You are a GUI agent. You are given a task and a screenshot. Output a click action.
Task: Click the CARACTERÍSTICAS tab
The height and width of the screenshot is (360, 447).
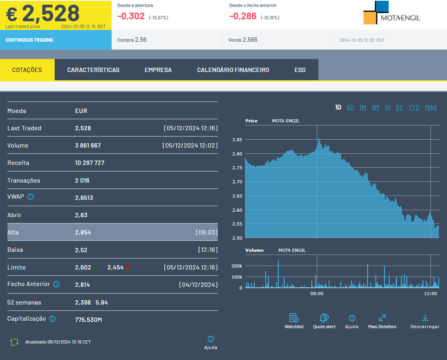[x=93, y=70]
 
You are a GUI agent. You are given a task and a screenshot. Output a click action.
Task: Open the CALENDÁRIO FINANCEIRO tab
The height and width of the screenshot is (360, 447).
[x=233, y=70]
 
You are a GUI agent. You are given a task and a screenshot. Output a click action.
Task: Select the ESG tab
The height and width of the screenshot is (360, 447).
[x=300, y=70]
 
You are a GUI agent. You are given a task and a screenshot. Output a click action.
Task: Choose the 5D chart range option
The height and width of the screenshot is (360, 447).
[x=350, y=107]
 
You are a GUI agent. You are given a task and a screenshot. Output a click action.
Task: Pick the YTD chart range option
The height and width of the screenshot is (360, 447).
[x=414, y=107]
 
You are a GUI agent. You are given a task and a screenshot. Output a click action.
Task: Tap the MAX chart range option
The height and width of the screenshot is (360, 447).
[x=431, y=107]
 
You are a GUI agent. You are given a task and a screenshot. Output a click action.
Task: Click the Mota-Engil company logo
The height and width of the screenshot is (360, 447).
[x=392, y=13]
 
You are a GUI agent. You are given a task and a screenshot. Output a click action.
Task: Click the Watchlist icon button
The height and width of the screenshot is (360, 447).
[x=294, y=318]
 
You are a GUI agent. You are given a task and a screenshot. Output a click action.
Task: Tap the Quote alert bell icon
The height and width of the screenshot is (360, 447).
[x=324, y=318]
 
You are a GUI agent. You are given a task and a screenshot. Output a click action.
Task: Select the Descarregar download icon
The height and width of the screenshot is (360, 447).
[x=425, y=318]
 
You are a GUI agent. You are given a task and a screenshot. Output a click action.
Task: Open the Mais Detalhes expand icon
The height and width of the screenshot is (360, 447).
[x=382, y=318]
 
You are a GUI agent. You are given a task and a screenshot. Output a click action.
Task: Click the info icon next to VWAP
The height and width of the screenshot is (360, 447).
[x=30, y=197]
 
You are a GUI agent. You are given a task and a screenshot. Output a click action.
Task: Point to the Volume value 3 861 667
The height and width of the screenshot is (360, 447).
[x=88, y=146]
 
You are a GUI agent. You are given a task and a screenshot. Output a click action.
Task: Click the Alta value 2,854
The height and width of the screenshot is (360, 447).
[x=83, y=233]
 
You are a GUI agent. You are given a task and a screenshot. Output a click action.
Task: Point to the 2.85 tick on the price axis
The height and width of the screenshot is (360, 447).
[x=237, y=140]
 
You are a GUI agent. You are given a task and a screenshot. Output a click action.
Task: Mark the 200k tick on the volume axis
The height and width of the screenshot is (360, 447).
[x=237, y=266]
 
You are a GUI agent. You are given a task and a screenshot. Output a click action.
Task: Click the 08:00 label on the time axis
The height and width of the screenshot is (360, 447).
[x=317, y=294]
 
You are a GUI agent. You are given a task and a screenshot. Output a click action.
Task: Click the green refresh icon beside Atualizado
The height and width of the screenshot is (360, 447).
[x=14, y=342]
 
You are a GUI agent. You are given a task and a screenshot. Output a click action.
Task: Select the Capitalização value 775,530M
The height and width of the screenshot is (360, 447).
[x=88, y=319]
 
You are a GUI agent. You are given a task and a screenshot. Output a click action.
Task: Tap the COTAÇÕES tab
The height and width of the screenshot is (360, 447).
[x=27, y=70]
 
